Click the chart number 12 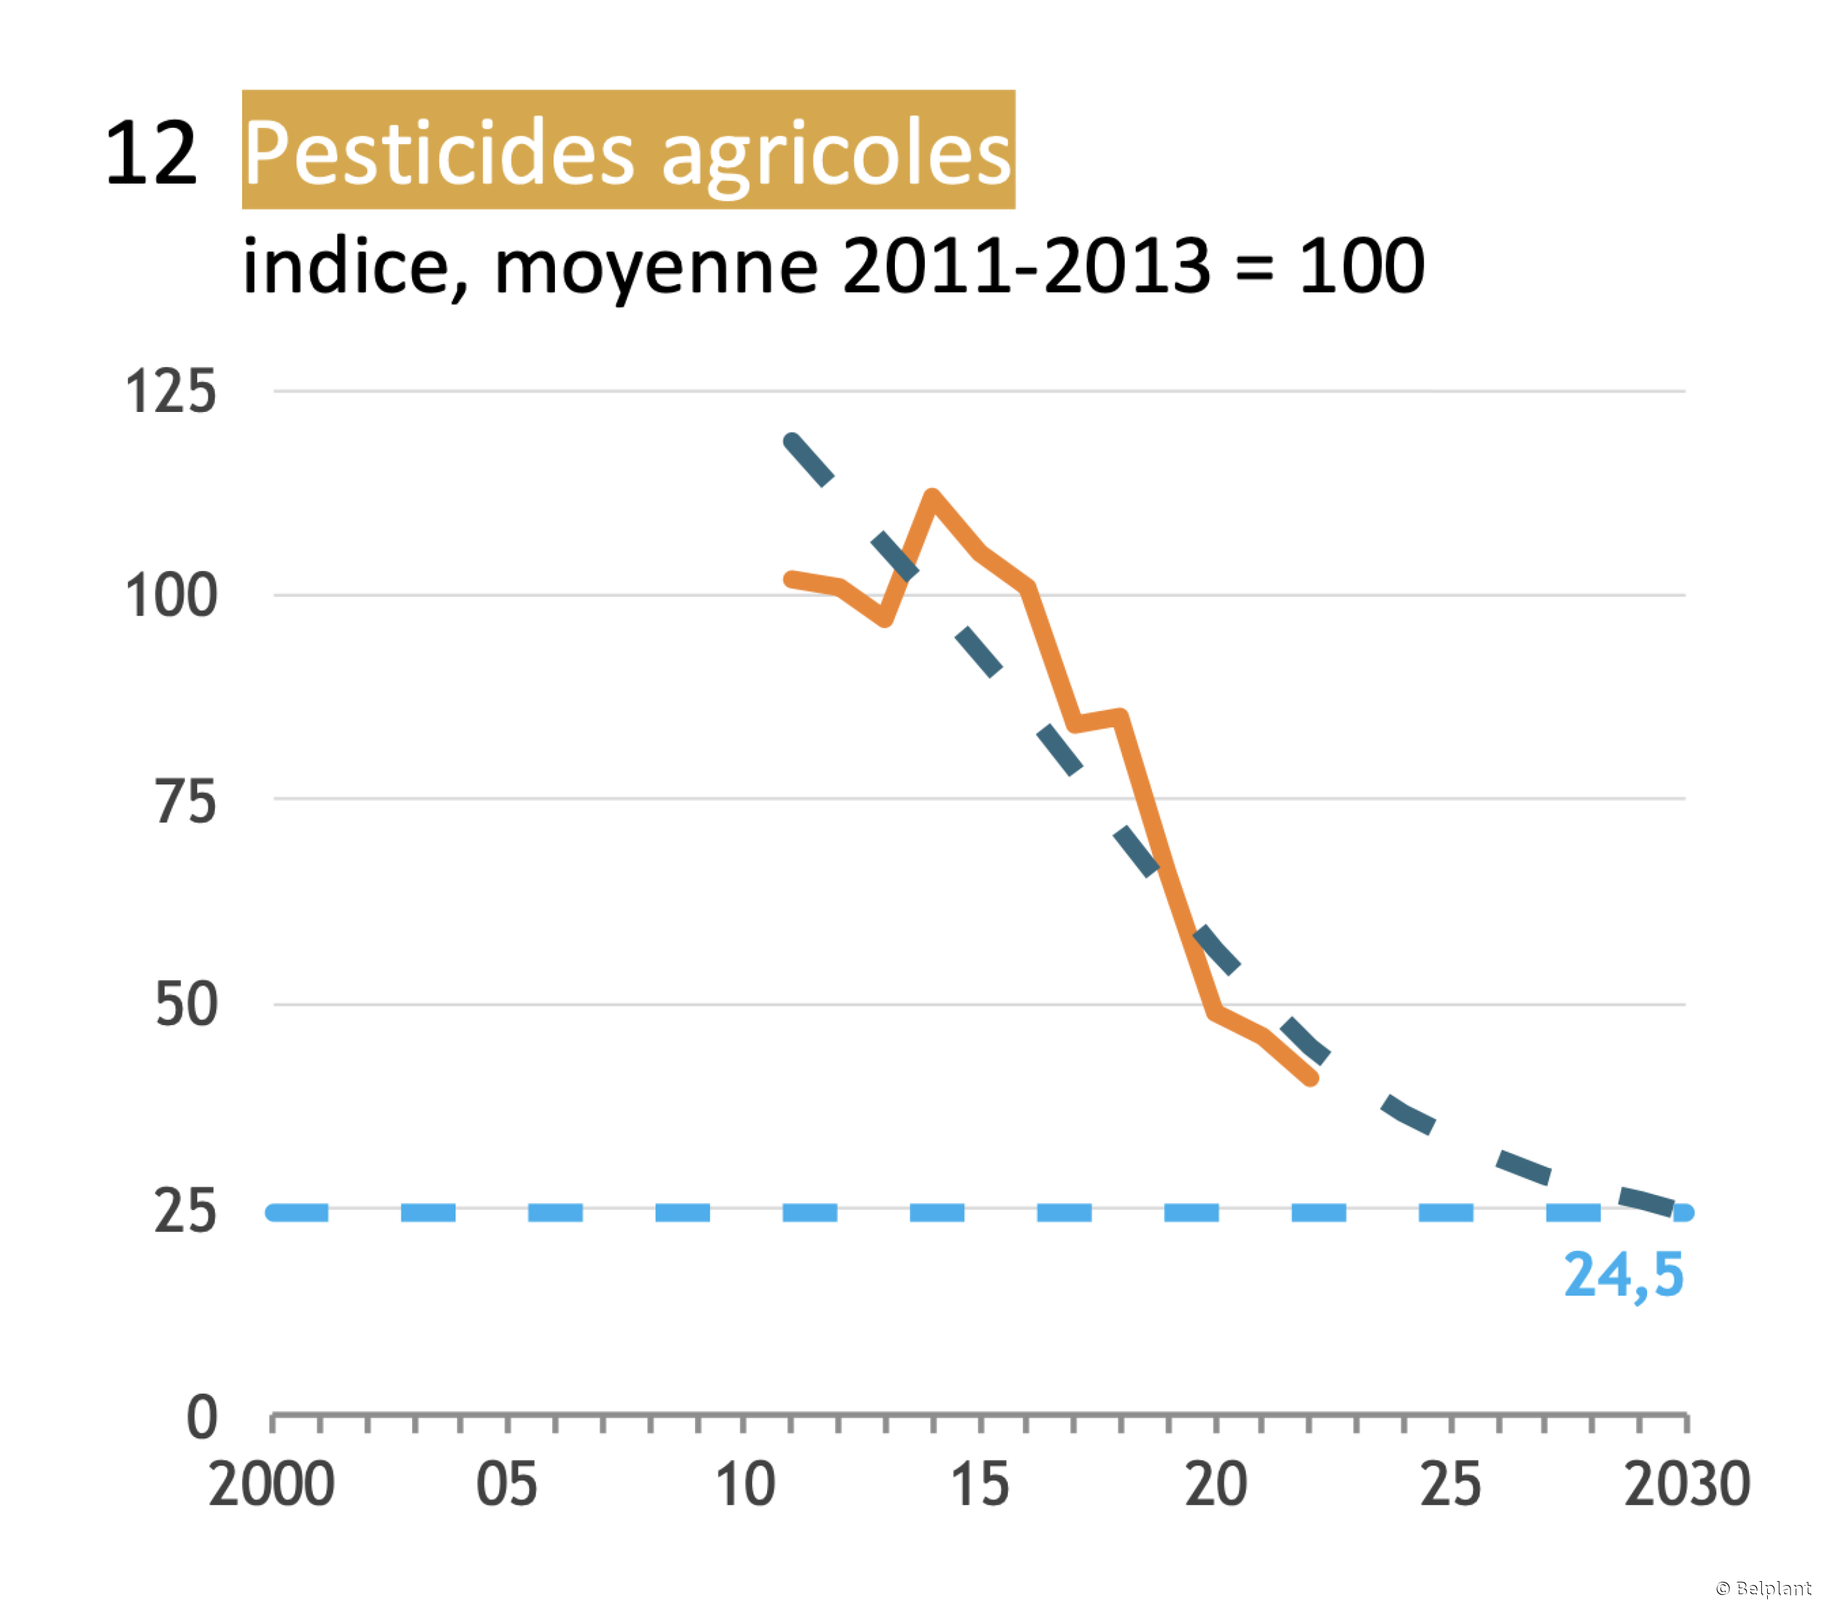(x=151, y=154)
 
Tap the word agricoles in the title (x=837, y=154)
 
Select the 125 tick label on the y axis (x=170, y=393)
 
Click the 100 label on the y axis (x=170, y=597)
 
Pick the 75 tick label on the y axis (x=186, y=801)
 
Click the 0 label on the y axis (x=202, y=1418)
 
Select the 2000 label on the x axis (x=271, y=1485)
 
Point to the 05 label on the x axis (x=506, y=1485)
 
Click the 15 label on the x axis (x=980, y=1485)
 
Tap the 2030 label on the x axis (x=1687, y=1485)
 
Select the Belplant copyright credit (x=1763, y=1588)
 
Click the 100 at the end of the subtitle (x=1362, y=267)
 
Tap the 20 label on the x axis (x=1216, y=1485)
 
